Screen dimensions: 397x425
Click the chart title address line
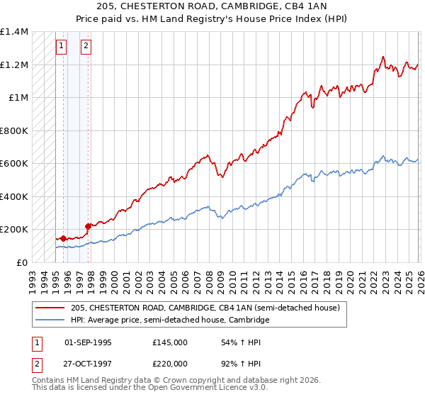[212, 7]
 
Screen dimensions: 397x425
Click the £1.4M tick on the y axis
[14, 32]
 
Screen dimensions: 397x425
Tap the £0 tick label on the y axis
[23, 262]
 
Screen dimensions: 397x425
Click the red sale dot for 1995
[63, 238]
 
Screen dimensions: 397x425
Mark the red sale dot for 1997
[88, 226]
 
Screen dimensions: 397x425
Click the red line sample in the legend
[50, 308]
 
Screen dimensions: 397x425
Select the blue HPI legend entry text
[170, 320]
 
